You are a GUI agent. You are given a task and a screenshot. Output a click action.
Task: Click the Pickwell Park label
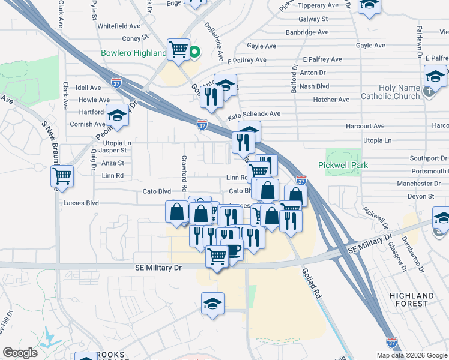(342, 165)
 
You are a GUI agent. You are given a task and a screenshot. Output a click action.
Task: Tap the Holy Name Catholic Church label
(390, 92)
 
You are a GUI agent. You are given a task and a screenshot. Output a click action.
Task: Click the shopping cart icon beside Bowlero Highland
(179, 49)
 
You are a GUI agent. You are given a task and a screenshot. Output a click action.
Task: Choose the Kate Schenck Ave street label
(254, 114)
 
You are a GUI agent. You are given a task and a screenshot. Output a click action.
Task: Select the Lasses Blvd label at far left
(80, 203)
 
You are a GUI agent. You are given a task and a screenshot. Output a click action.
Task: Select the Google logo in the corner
(20, 353)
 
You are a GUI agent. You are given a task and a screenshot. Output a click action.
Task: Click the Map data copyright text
(411, 355)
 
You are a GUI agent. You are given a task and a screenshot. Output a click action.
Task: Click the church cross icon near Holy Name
(427, 92)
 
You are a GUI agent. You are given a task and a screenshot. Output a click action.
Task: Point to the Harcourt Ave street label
(365, 127)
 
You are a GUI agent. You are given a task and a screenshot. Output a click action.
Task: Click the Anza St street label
(113, 163)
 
